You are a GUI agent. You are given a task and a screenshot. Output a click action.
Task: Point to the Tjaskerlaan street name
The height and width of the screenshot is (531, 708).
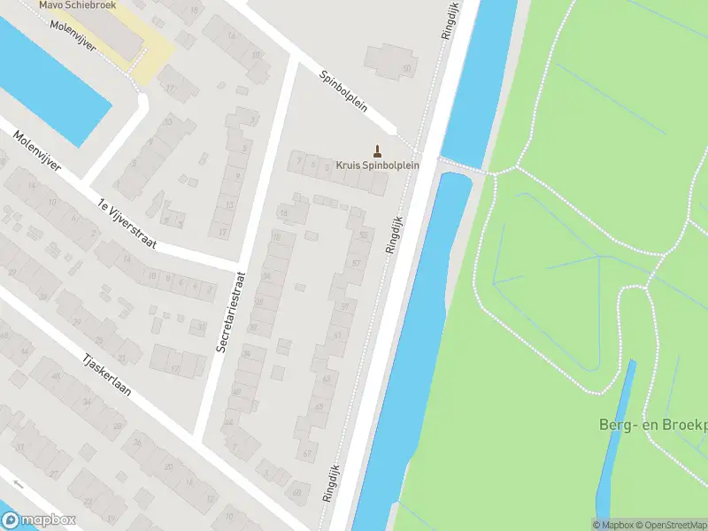coord(109,396)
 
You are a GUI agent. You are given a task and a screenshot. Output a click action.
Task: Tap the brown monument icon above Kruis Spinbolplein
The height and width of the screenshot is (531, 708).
coord(378,150)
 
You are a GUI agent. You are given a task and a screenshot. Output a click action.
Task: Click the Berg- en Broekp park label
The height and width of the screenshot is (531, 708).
coord(650,426)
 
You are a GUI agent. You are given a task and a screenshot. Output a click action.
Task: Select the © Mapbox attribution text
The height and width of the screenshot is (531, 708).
coord(612,525)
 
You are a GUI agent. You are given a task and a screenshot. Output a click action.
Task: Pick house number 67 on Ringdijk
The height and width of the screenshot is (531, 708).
coord(307,454)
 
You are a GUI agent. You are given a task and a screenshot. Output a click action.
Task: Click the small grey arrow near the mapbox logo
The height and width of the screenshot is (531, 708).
coord(18,484)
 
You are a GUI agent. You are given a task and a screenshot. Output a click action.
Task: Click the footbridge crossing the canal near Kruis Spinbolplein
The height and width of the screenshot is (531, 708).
coord(460,165)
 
